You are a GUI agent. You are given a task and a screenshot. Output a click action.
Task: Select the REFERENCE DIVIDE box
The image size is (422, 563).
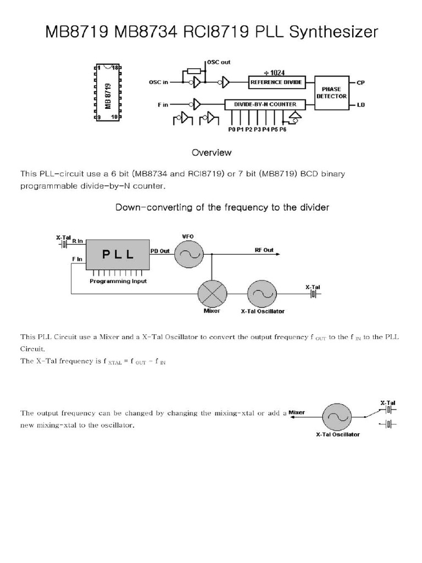276,82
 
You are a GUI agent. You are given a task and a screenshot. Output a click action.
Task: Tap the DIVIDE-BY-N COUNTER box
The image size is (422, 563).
269,104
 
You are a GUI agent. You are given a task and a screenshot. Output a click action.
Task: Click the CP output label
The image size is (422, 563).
360,83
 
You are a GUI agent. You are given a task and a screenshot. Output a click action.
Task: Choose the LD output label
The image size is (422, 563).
360,104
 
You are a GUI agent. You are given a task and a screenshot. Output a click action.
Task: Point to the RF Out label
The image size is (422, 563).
264,250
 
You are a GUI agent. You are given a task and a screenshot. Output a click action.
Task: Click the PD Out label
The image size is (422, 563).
160,250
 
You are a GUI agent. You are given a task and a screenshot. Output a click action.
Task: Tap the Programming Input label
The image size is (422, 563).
118,281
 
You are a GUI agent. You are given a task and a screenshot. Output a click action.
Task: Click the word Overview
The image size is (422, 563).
211,152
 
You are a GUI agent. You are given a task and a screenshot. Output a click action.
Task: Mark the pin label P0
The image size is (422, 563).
231,130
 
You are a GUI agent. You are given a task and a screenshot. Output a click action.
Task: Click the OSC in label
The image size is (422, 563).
158,82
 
